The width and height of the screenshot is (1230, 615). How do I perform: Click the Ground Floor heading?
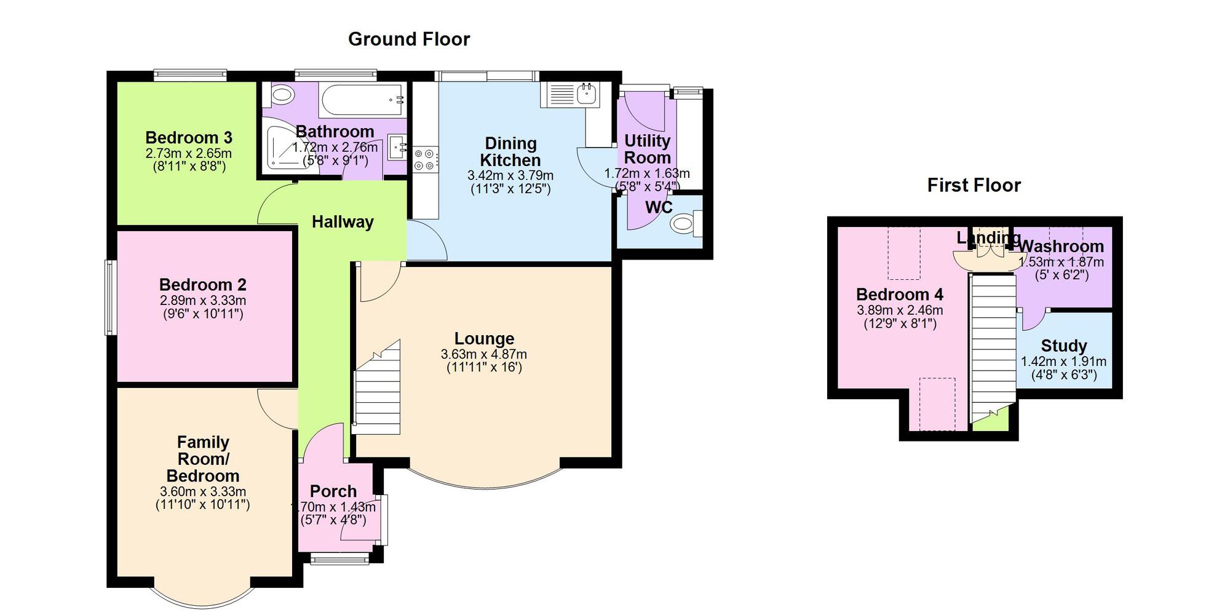pos(409,39)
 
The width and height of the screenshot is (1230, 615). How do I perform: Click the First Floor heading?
pos(974,185)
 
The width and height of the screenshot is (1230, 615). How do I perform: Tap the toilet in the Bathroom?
pos(281,95)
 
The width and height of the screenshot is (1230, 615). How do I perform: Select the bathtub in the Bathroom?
pos(362,100)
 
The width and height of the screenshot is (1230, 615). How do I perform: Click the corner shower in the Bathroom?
pos(280,149)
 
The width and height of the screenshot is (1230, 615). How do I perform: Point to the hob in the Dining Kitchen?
pos(425,159)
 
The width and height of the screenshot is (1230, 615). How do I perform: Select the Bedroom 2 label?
pos(202,285)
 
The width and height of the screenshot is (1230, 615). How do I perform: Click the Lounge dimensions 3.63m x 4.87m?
pos(483,354)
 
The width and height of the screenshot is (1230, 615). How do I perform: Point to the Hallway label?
pos(343,222)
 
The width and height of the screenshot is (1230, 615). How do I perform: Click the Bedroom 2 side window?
pos(110,298)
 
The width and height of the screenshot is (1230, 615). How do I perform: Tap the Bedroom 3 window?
pos(190,75)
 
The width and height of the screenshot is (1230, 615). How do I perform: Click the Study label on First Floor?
pos(1063,346)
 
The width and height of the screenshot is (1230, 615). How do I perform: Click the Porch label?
pos(333,491)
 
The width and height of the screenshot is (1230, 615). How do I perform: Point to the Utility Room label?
pos(647,149)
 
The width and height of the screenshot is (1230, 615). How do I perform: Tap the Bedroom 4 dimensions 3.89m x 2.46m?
pos(900,311)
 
